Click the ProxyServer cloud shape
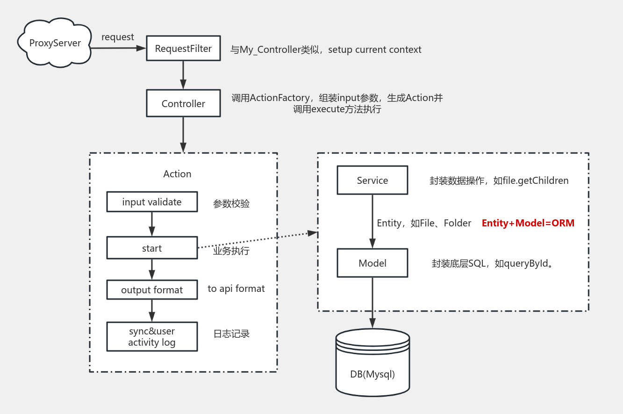[55, 44]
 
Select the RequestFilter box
[183, 49]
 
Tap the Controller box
[183, 104]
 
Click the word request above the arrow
[118, 37]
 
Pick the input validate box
[152, 202]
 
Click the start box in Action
[152, 248]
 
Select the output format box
[152, 290]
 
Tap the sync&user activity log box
[152, 337]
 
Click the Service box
[372, 181]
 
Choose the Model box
[372, 263]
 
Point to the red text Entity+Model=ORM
[528, 223]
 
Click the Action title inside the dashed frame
[177, 174]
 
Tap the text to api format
[236, 289]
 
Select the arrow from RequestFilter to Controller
[183, 75]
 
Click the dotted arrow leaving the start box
[257, 240]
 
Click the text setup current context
[374, 50]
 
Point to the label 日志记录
[231, 334]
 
